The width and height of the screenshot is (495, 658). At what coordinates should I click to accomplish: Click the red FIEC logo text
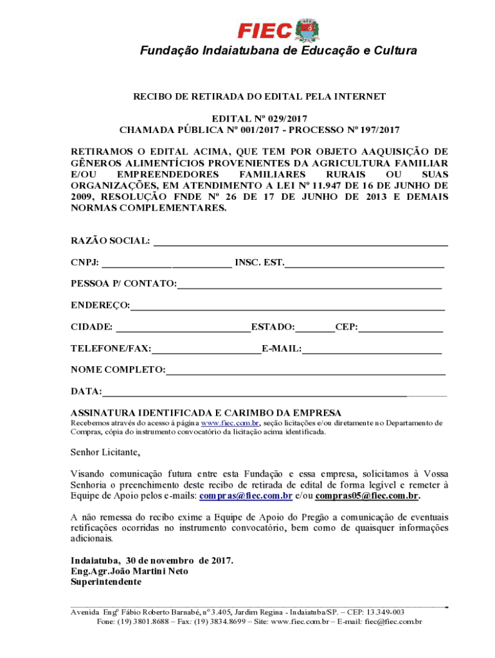click(x=265, y=30)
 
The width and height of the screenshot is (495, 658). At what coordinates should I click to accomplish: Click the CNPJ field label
click(x=85, y=263)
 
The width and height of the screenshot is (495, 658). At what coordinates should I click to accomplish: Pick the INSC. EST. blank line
click(x=364, y=264)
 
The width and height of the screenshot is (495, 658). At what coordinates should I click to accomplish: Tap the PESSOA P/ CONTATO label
click(x=123, y=284)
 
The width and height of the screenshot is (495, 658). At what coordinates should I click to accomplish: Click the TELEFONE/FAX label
click(x=111, y=349)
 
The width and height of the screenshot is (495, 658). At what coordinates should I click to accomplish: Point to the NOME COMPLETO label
click(x=118, y=370)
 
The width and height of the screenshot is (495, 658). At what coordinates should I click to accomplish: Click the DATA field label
click(x=86, y=391)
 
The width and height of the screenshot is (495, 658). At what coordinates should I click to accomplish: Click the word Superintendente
click(x=105, y=582)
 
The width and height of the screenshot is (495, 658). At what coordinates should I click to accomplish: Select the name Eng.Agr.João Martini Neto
click(x=129, y=571)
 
